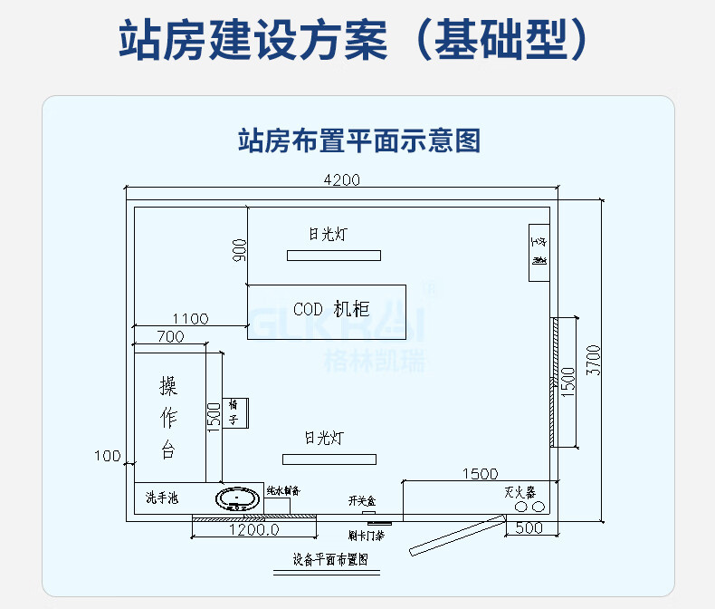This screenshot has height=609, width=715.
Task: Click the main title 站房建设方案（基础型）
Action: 357,40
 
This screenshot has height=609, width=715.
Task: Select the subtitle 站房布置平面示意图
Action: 357,140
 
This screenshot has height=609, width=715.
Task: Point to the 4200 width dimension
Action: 341,179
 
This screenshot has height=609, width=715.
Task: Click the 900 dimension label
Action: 239,251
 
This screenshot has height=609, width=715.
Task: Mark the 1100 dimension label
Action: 190,319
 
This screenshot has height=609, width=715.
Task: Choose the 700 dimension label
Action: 169,337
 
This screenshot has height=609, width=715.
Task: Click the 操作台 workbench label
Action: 168,418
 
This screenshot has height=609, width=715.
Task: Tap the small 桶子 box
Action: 234,412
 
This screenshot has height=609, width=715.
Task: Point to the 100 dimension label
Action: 107,455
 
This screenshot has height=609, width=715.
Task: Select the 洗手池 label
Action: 162,498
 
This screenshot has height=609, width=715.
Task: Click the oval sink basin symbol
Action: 238,498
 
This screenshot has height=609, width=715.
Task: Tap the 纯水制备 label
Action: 282,490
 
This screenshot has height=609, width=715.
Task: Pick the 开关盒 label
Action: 362,500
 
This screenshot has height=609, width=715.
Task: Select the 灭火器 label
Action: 520,492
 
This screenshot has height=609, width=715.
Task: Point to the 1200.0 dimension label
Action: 253,529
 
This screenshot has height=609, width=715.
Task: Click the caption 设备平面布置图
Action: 330,559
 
